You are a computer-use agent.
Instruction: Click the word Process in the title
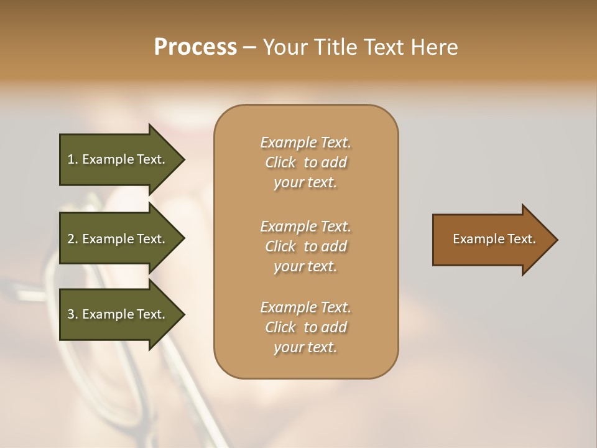(195, 47)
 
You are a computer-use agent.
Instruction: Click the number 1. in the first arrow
(73, 159)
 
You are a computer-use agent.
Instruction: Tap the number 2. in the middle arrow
(73, 239)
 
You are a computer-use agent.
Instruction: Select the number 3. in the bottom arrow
(73, 314)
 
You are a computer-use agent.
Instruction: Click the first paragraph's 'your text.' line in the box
(305, 183)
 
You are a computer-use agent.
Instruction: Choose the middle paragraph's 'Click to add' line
(305, 246)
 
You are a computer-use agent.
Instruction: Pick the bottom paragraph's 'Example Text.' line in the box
(305, 307)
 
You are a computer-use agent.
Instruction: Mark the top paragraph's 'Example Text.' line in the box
(305, 142)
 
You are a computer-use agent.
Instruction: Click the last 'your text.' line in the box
(305, 348)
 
